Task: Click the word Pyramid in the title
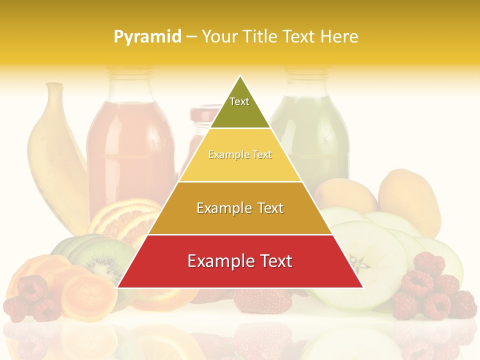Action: tap(146, 36)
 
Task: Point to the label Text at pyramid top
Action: tap(239, 101)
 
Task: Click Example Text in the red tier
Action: tap(240, 261)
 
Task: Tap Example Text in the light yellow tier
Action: tap(240, 155)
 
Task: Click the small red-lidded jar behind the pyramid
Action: tap(202, 120)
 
